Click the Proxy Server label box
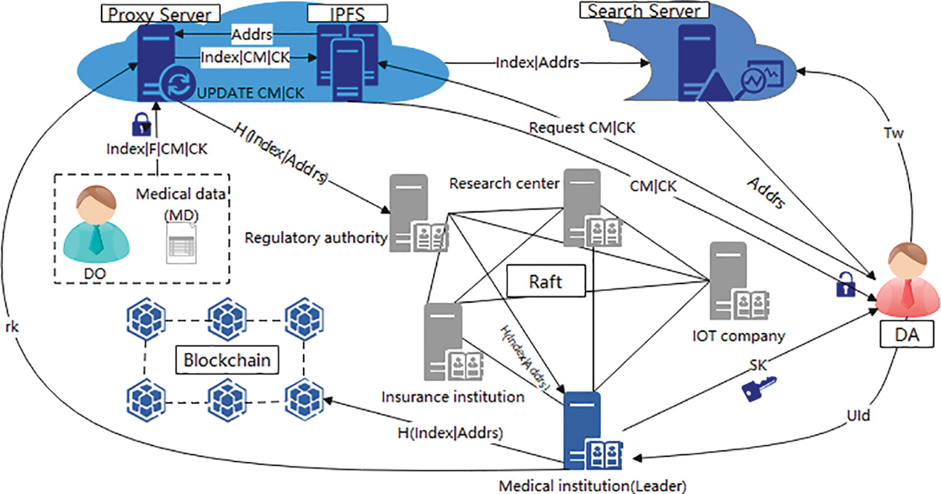coord(160,13)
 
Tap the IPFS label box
coord(347,13)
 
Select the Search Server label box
coord(644,10)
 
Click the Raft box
coord(546,281)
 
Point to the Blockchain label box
coord(227,360)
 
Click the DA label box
coord(907,335)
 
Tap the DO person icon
coord(96,224)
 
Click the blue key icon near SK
coord(758,389)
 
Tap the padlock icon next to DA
coord(845,284)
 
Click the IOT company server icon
coord(737,282)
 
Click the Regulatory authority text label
coord(316,238)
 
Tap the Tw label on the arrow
coord(893,133)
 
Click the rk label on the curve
coord(12,326)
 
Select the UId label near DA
coord(858,416)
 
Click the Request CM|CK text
coord(582,128)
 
